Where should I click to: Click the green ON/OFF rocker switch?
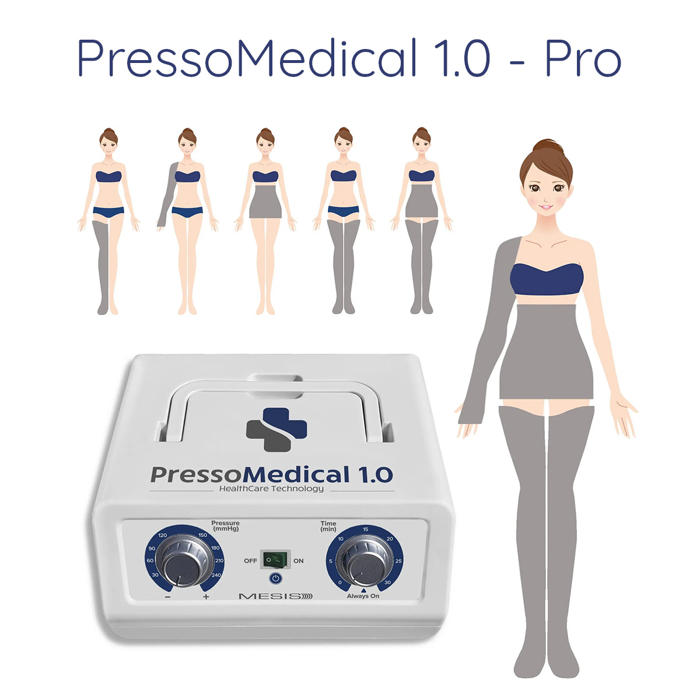(x=276, y=560)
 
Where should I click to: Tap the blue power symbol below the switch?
(x=276, y=579)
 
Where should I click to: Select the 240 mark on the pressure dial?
(x=216, y=575)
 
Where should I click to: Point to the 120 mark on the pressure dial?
(x=162, y=535)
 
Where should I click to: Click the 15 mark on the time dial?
(x=365, y=529)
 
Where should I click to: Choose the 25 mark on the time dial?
(x=398, y=561)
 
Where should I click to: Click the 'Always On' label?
(x=363, y=596)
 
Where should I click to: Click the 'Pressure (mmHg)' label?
(x=225, y=526)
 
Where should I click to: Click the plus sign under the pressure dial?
(x=206, y=597)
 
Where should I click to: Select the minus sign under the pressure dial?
(x=168, y=597)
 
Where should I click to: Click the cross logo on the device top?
(x=276, y=429)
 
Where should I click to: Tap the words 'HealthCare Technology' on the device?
(x=271, y=489)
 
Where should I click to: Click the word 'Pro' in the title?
(x=583, y=58)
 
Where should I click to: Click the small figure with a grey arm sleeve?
(x=187, y=221)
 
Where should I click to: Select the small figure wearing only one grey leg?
(x=108, y=221)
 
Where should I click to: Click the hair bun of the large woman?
(x=548, y=146)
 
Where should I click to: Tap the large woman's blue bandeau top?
(x=547, y=279)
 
